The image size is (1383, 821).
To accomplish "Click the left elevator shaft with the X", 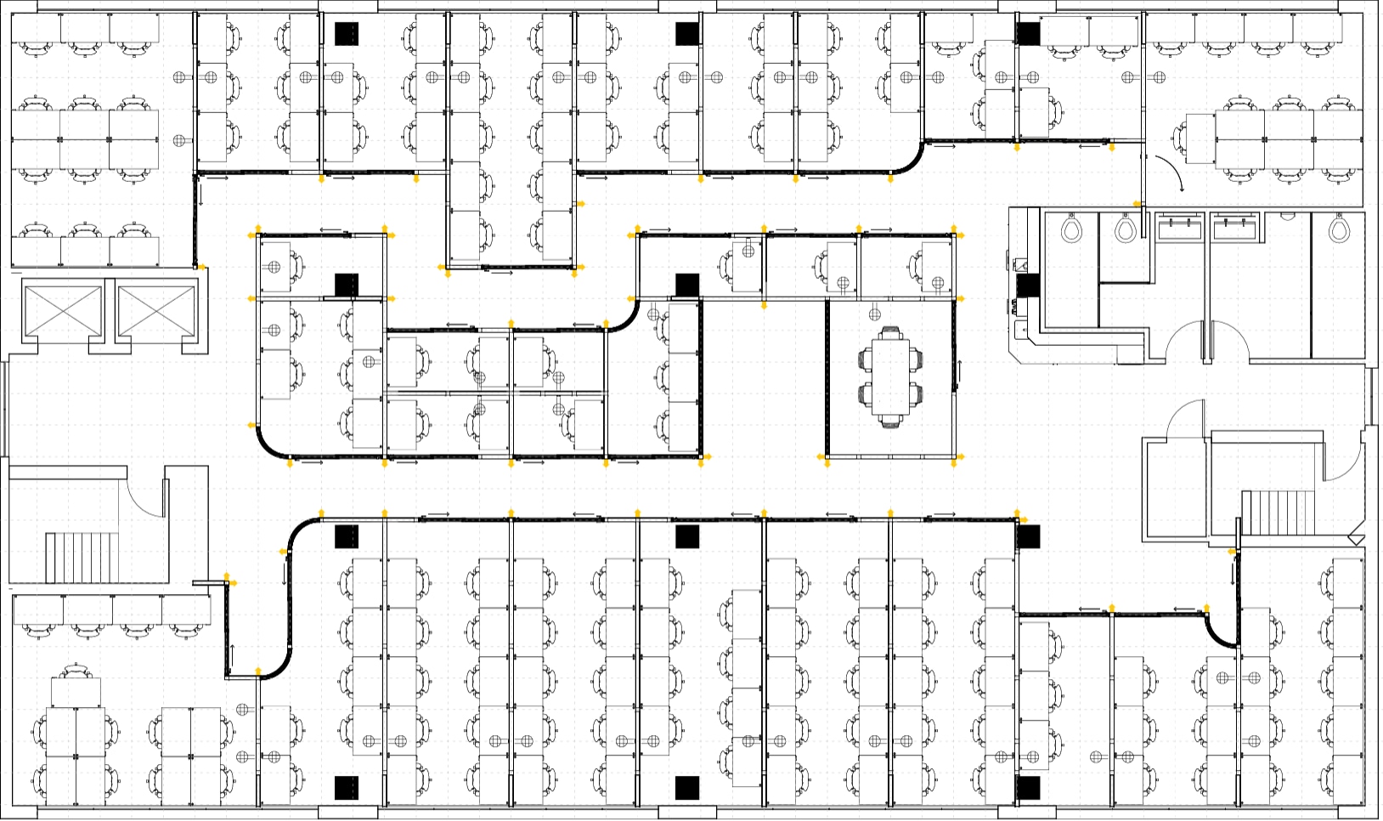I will pyautogui.click(x=63, y=310).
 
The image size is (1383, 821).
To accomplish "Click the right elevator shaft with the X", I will pyautogui.click(x=155, y=310).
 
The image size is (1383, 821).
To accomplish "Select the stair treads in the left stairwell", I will pyautogui.click(x=82, y=557).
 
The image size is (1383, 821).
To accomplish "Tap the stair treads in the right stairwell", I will pyautogui.click(x=1278, y=512).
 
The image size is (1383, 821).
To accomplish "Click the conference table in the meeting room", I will pyautogui.click(x=890, y=377).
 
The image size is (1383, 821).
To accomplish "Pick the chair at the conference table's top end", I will pyautogui.click(x=890, y=331).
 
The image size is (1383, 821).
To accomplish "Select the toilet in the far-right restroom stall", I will pyautogui.click(x=1340, y=229).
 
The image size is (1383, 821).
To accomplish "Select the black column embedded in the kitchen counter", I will pyautogui.click(x=1027, y=286).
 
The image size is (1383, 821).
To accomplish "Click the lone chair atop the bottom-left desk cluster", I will pyautogui.click(x=76, y=671).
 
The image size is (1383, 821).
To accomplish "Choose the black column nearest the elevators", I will pyautogui.click(x=347, y=285).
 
